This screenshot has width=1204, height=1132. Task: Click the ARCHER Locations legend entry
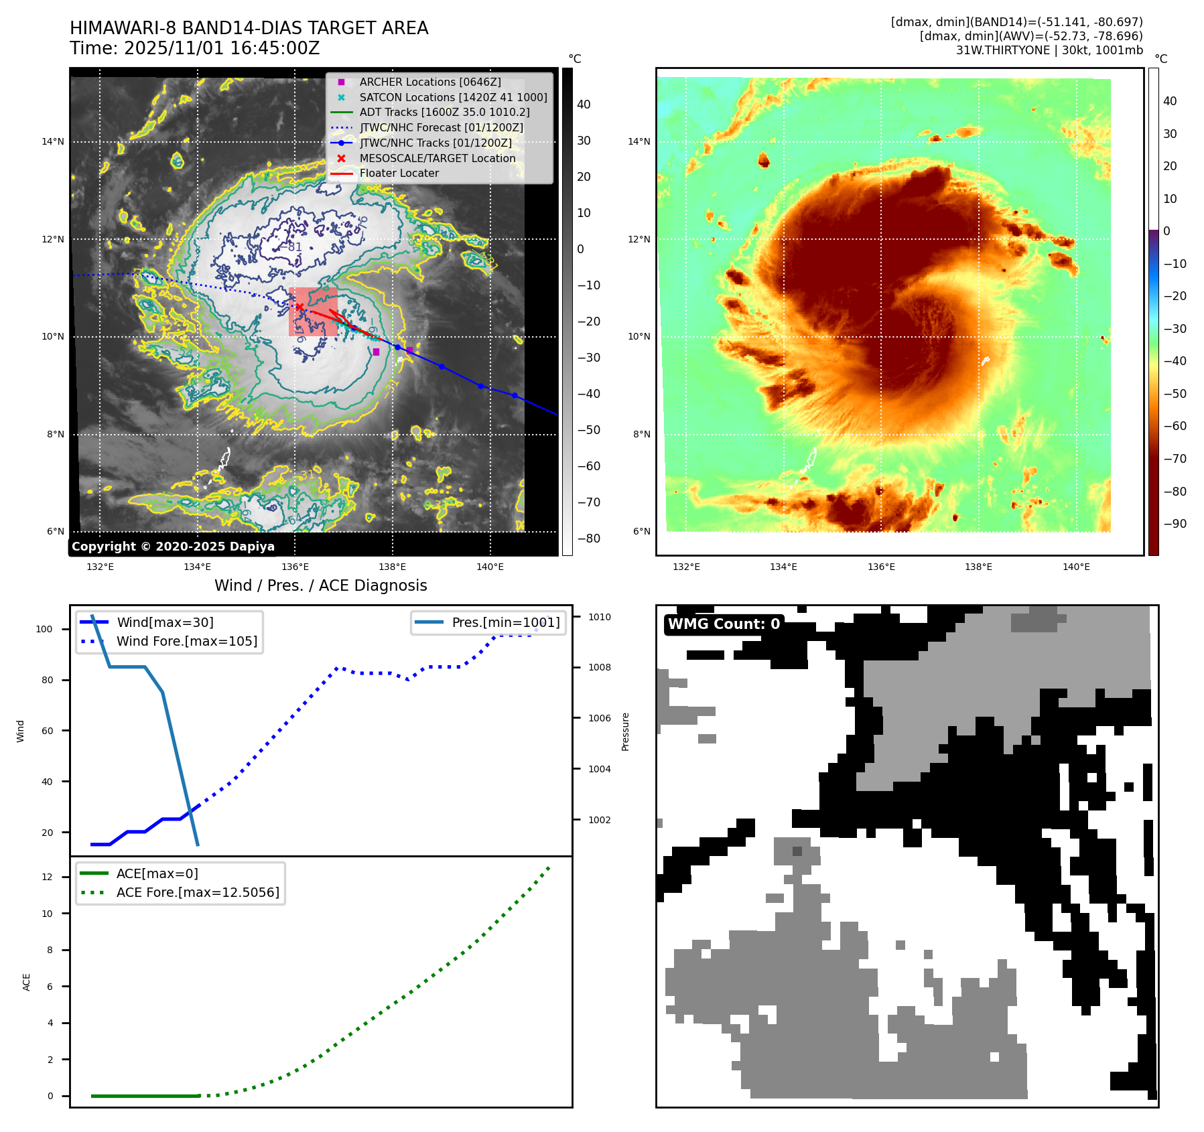[x=429, y=82]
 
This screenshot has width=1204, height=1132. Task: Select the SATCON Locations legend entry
[x=453, y=97]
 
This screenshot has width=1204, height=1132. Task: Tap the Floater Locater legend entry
[x=399, y=173]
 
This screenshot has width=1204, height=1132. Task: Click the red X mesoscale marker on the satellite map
[x=300, y=307]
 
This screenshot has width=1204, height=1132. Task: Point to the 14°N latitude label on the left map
[x=53, y=141]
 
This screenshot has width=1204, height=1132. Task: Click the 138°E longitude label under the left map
[x=392, y=567]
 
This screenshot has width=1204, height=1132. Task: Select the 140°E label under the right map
[x=1076, y=567]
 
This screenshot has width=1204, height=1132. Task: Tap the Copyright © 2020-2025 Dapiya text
[x=173, y=547]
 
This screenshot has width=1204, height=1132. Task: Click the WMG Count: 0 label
[x=724, y=624]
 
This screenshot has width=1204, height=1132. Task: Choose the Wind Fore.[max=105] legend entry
[x=186, y=641]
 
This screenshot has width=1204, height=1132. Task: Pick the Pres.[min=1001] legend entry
[x=505, y=622]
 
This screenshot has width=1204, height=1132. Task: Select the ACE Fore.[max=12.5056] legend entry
[x=198, y=892]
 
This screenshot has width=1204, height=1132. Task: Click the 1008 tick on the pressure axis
[x=600, y=667]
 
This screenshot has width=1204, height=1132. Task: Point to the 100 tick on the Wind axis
[x=44, y=629]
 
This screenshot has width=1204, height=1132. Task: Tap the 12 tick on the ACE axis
[x=47, y=877]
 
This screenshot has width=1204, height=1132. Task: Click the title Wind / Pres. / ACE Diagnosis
[x=320, y=585]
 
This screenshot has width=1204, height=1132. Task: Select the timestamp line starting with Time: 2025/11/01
[x=194, y=48]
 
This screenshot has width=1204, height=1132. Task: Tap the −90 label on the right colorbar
[x=1175, y=524]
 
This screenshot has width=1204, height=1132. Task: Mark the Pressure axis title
[x=625, y=731]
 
